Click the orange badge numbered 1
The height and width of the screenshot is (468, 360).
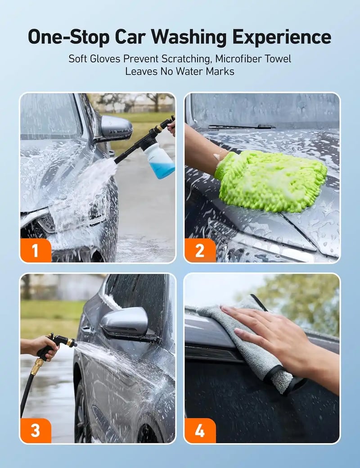36,250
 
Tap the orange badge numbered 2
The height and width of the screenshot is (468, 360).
200,250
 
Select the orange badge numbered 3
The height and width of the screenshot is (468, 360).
36,431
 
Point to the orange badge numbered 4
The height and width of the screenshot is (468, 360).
200,431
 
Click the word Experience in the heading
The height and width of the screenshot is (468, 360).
282,37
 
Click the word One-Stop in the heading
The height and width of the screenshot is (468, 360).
68,37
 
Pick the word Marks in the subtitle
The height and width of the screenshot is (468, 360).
221,71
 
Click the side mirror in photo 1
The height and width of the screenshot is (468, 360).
116,129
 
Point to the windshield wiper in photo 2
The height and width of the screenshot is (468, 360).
241,127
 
